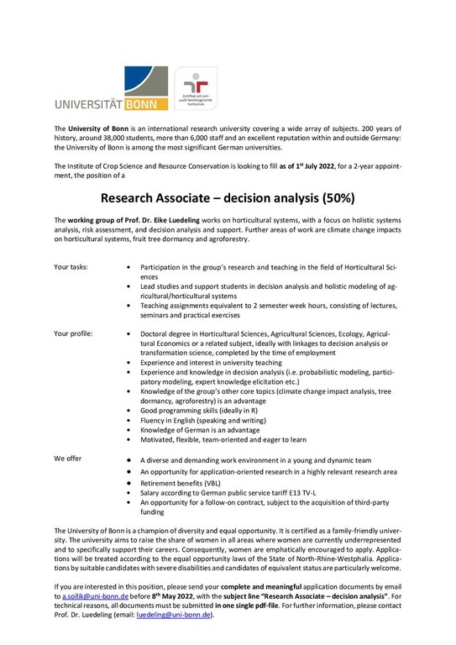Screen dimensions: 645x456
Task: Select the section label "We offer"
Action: [x=69, y=459]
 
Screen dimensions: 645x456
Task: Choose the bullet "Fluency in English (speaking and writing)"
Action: [x=212, y=427]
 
